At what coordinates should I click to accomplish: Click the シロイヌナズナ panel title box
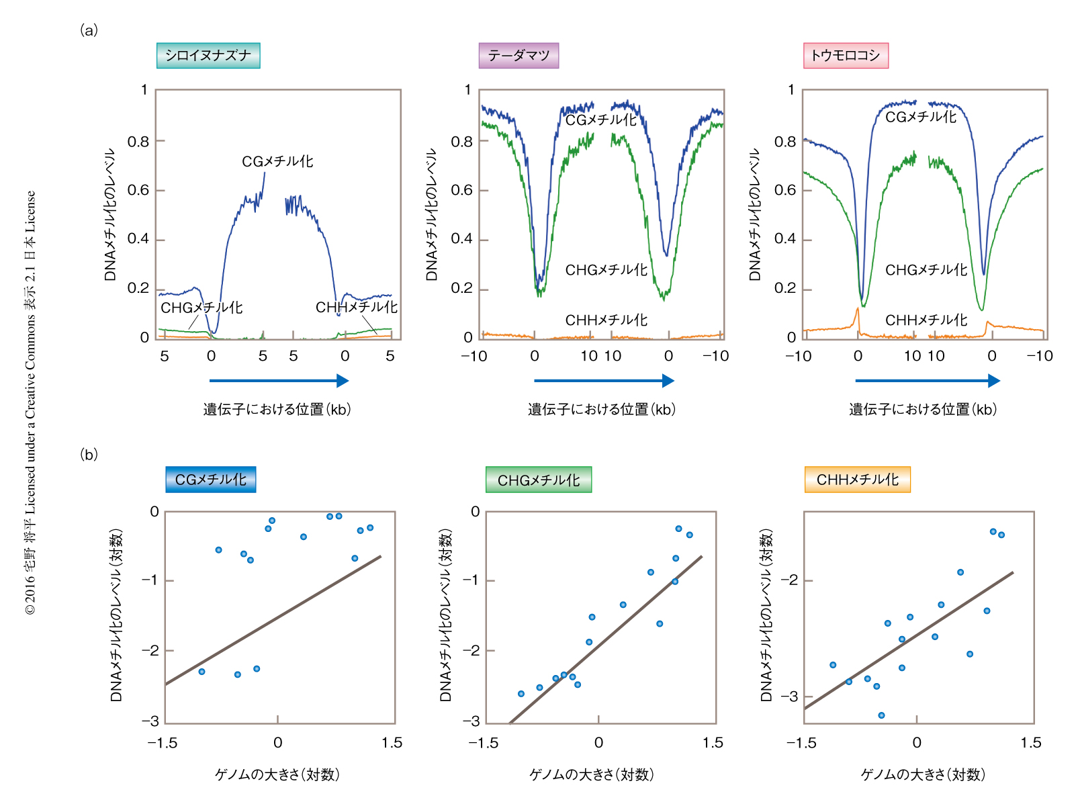pyautogui.click(x=208, y=56)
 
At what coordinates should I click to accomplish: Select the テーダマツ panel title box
pyautogui.click(x=519, y=56)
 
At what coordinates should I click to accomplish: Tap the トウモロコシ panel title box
pyautogui.click(x=846, y=56)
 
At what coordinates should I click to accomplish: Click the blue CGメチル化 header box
pyautogui.click(x=211, y=480)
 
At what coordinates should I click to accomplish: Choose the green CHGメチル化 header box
pyautogui.click(x=539, y=480)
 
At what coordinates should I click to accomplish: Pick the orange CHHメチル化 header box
pyautogui.click(x=857, y=480)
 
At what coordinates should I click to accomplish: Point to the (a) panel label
pyautogui.click(x=89, y=30)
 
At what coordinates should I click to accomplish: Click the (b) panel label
pyautogui.click(x=89, y=455)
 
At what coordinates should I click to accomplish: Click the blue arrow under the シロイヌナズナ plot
pyautogui.click(x=279, y=381)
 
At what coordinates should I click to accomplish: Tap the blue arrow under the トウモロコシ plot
pyautogui.click(x=928, y=381)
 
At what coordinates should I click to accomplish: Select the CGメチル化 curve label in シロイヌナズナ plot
pyautogui.click(x=277, y=162)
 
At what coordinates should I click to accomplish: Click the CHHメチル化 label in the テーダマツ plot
pyautogui.click(x=607, y=320)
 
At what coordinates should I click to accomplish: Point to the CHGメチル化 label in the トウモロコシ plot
pyautogui.click(x=926, y=270)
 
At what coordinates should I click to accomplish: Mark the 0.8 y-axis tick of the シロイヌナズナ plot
pyautogui.click(x=138, y=142)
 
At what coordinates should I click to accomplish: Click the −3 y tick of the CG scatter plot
pyautogui.click(x=150, y=721)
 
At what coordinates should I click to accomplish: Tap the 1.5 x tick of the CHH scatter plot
pyautogui.click(x=1030, y=743)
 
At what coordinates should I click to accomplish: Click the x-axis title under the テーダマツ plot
pyautogui.click(x=601, y=410)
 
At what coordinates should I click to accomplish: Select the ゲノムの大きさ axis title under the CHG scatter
pyautogui.click(x=592, y=774)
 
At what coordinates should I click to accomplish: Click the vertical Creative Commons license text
pyautogui.click(x=30, y=403)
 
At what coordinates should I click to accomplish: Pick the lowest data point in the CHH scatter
pyautogui.click(x=881, y=715)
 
